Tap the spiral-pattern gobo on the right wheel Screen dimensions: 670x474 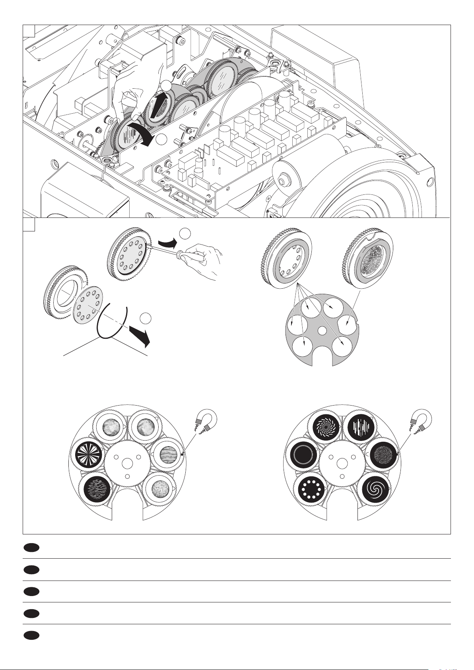(376, 491)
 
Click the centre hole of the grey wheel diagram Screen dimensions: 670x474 (322, 330)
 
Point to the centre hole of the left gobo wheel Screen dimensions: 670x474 (126, 463)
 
